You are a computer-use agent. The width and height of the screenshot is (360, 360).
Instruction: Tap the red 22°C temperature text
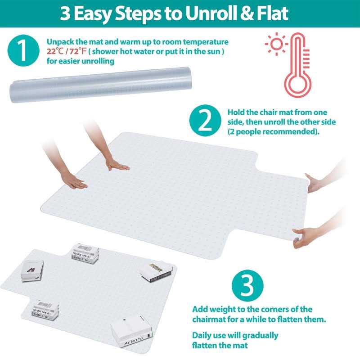[55, 51]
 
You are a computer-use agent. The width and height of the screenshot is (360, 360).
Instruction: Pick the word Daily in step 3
[204, 335]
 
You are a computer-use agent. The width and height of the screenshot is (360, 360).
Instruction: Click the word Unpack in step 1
[59, 42]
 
